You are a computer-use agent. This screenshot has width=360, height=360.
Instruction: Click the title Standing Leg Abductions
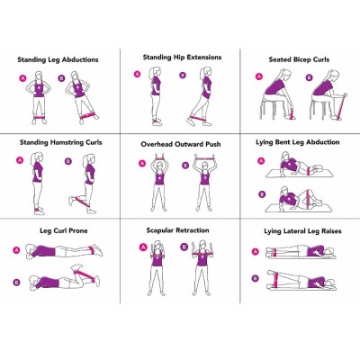58,59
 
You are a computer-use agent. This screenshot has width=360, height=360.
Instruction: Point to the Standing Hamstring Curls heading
59,143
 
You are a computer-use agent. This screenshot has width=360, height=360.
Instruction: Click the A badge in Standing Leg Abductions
21,79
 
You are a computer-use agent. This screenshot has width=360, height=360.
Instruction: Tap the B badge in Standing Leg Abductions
61,79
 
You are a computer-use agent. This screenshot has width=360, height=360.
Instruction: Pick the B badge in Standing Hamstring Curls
67,162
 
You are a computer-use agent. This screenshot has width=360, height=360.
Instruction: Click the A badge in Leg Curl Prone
16,249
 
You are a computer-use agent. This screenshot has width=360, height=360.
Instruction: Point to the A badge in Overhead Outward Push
141,164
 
